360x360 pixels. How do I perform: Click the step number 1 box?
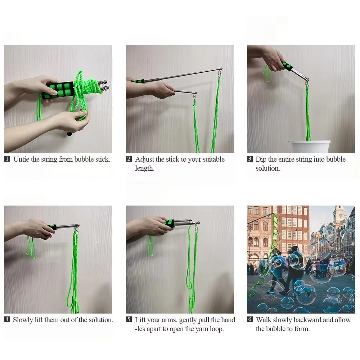tap(7, 159)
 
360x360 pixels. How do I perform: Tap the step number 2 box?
tap(129, 159)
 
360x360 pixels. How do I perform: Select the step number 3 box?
tap(250, 159)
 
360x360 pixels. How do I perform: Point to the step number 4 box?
tap(7, 320)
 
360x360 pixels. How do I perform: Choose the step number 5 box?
tap(129, 320)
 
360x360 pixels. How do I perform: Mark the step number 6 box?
tap(250, 320)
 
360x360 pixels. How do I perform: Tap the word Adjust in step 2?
tap(145, 159)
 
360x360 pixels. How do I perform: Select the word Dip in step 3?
tap(261, 159)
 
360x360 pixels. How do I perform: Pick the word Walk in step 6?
tap(264, 320)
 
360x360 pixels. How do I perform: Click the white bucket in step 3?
tap(310, 147)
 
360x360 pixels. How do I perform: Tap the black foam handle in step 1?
tap(58, 90)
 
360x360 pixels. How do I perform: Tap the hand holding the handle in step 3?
tap(273, 58)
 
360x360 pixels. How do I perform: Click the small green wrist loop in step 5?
tap(151, 246)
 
